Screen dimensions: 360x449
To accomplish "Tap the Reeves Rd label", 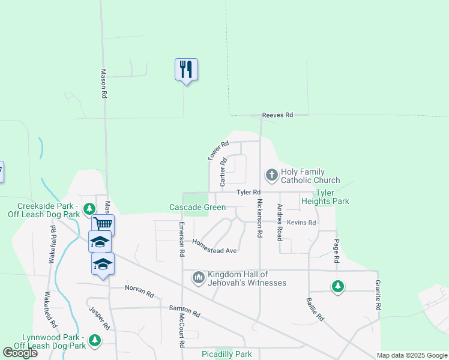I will [277, 115].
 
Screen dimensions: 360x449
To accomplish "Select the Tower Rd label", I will [218, 151].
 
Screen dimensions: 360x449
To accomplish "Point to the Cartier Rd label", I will [223, 170].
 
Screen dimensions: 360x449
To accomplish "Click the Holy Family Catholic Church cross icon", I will [271, 175].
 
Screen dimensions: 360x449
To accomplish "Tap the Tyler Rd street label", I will [248, 192].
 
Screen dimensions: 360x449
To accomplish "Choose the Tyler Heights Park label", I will [325, 197].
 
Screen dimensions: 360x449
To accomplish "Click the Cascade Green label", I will [197, 208].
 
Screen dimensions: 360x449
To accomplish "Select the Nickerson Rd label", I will [260, 219].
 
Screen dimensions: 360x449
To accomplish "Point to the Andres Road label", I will [280, 223].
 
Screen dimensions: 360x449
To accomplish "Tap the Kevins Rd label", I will [301, 223].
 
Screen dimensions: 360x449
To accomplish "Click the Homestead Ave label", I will [214, 246].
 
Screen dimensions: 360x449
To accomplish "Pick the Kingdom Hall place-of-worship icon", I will [199, 278].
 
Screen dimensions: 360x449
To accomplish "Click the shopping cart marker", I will [104, 224].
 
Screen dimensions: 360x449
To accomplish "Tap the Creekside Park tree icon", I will [89, 209].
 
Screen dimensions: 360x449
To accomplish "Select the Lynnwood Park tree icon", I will [94, 341].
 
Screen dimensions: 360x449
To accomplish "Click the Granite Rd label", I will [379, 295].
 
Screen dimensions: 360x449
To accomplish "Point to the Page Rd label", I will [337, 251].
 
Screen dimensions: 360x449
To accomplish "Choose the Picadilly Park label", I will [226, 354].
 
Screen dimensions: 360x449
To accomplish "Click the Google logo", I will [20, 353].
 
